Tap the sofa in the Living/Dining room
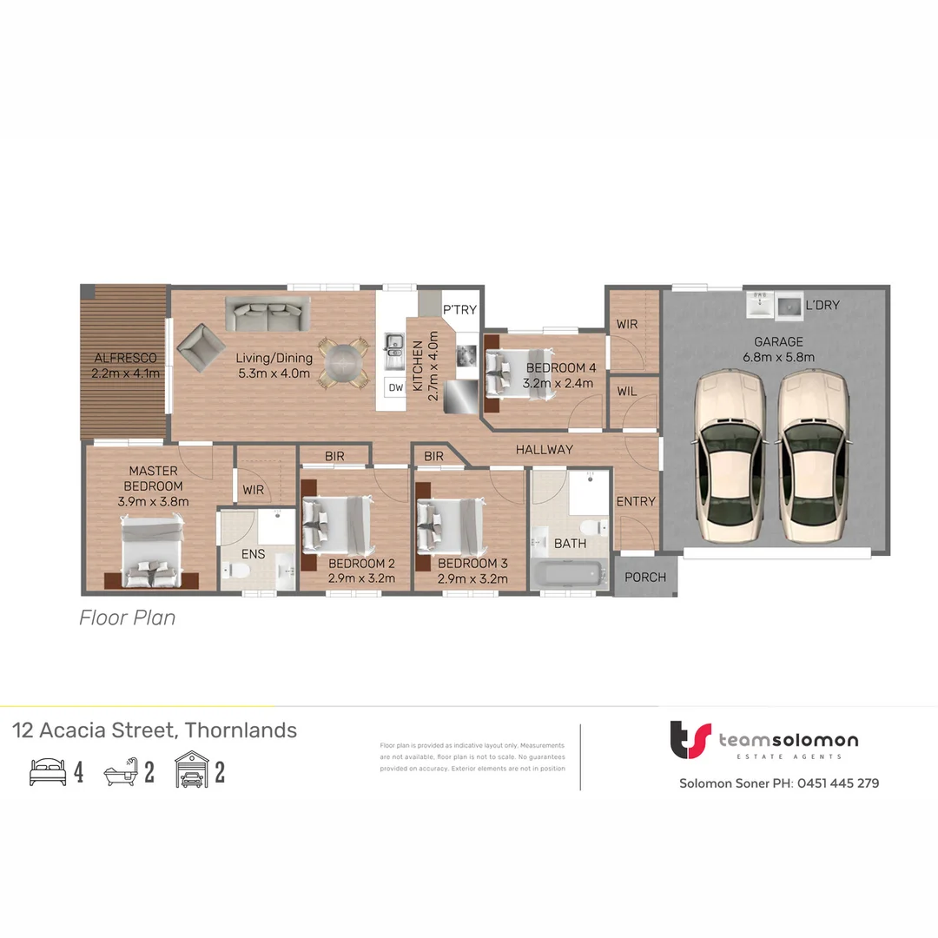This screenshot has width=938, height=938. click(x=268, y=314)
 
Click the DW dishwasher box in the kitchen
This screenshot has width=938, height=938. click(x=395, y=388)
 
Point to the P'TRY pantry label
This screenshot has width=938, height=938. click(x=459, y=310)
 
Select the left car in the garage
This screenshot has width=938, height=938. click(x=730, y=456)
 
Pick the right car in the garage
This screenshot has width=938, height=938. click(x=812, y=456)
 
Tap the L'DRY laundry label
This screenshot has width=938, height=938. click(x=822, y=306)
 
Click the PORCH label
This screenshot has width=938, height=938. click(x=645, y=578)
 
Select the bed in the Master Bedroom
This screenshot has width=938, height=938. click(x=152, y=552)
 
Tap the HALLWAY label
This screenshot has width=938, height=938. click(x=545, y=449)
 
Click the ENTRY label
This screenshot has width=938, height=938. click(x=636, y=501)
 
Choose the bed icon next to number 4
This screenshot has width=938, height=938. click(x=48, y=771)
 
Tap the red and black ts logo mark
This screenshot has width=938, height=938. click(x=690, y=740)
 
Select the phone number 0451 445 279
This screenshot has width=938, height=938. click(x=838, y=783)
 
